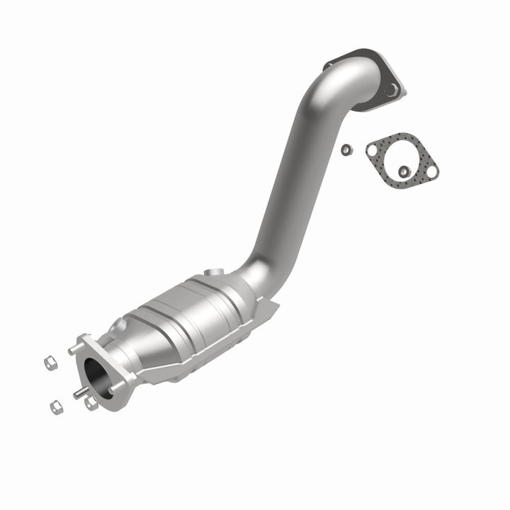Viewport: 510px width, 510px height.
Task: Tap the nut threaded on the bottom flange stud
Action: pyautogui.click(x=90, y=403)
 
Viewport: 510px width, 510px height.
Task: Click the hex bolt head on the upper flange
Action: pyautogui.click(x=392, y=89)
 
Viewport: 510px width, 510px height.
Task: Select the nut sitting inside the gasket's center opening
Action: pyautogui.click(x=402, y=171)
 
